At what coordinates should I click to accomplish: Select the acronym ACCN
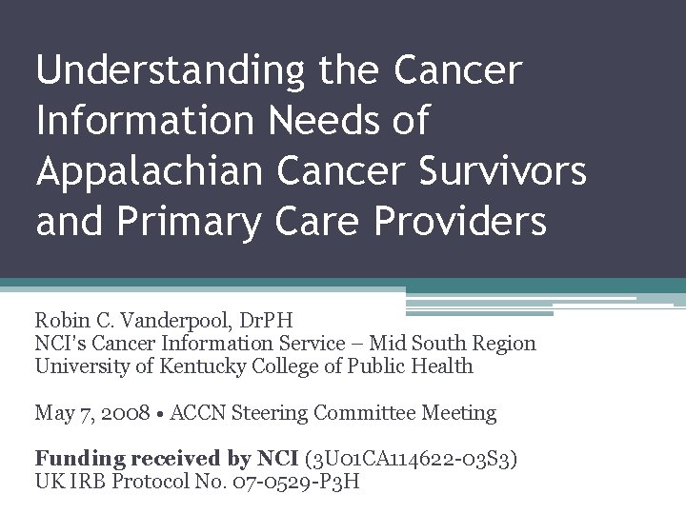click(191, 412)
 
